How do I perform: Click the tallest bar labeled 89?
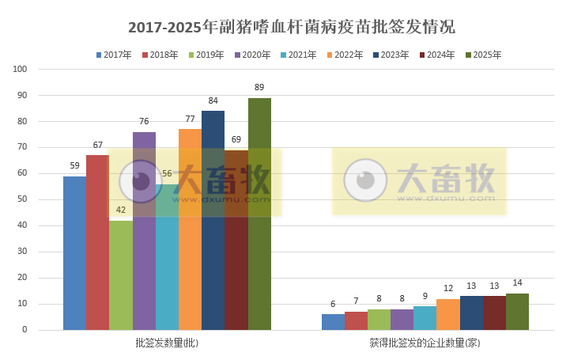(x=259, y=214)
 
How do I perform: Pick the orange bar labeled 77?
(x=190, y=229)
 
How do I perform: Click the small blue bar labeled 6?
(x=333, y=322)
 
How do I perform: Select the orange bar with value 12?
(x=447, y=314)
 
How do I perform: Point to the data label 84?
(x=213, y=100)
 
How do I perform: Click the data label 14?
(x=517, y=283)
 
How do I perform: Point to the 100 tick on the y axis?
(x=21, y=70)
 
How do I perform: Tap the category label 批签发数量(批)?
(x=167, y=343)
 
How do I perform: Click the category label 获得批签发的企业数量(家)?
(x=425, y=343)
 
